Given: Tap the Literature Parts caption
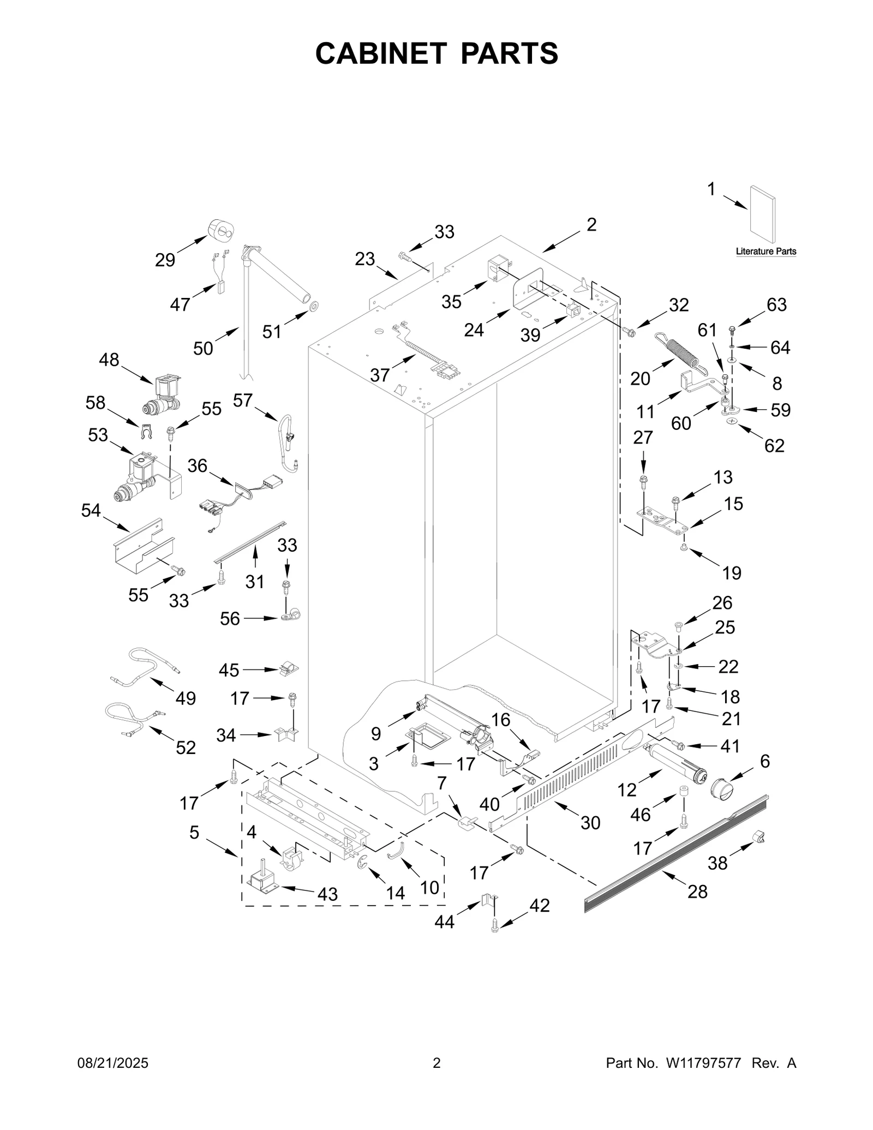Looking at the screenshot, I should (x=766, y=252).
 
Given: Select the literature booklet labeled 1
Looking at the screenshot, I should (x=762, y=214).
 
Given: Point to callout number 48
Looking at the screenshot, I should (x=109, y=360).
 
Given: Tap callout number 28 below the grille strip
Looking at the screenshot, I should (x=697, y=892).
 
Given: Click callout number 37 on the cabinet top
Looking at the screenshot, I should (x=380, y=375).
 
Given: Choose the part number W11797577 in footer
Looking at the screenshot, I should (x=703, y=1063).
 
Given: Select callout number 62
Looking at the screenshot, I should (x=774, y=446).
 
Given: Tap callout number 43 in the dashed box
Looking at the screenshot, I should (x=327, y=894).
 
